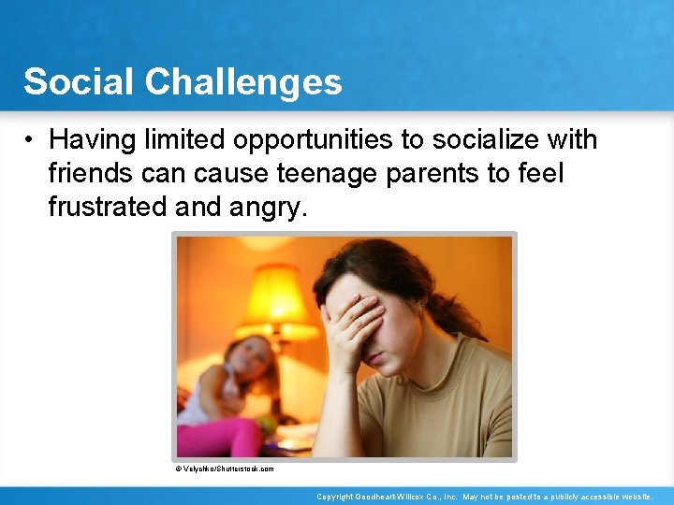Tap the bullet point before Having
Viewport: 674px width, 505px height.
pos(31,140)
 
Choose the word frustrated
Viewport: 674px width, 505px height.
pos(108,207)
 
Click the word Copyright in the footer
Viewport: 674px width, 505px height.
pos(335,497)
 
